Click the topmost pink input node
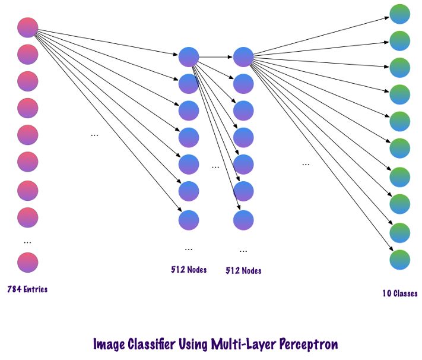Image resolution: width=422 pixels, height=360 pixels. pyautogui.click(x=28, y=27)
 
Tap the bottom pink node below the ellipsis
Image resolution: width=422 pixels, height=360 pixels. pyautogui.click(x=28, y=262)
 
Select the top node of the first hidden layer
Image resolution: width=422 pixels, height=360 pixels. pyautogui.click(x=189, y=57)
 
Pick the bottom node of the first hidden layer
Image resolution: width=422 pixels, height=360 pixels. pyautogui.click(x=189, y=220)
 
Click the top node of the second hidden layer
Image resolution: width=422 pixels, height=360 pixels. pyautogui.click(x=243, y=57)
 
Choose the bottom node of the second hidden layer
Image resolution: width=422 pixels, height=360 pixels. pyautogui.click(x=243, y=220)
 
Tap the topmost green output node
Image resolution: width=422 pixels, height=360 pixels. pyautogui.click(x=400, y=14)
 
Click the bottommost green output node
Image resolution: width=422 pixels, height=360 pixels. pyautogui.click(x=400, y=259)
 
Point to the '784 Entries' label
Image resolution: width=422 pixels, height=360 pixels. pyautogui.click(x=27, y=290)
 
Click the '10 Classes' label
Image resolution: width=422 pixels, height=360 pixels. pyautogui.click(x=399, y=293)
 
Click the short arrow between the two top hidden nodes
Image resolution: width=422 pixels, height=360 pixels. pyautogui.click(x=216, y=57)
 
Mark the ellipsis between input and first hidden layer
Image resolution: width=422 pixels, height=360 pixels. pyautogui.click(x=94, y=135)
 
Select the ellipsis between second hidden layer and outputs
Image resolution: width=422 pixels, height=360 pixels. pyautogui.click(x=306, y=164)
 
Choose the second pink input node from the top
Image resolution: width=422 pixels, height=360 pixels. pyautogui.click(x=28, y=55)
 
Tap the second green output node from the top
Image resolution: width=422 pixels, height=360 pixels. pyautogui.click(x=400, y=40)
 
